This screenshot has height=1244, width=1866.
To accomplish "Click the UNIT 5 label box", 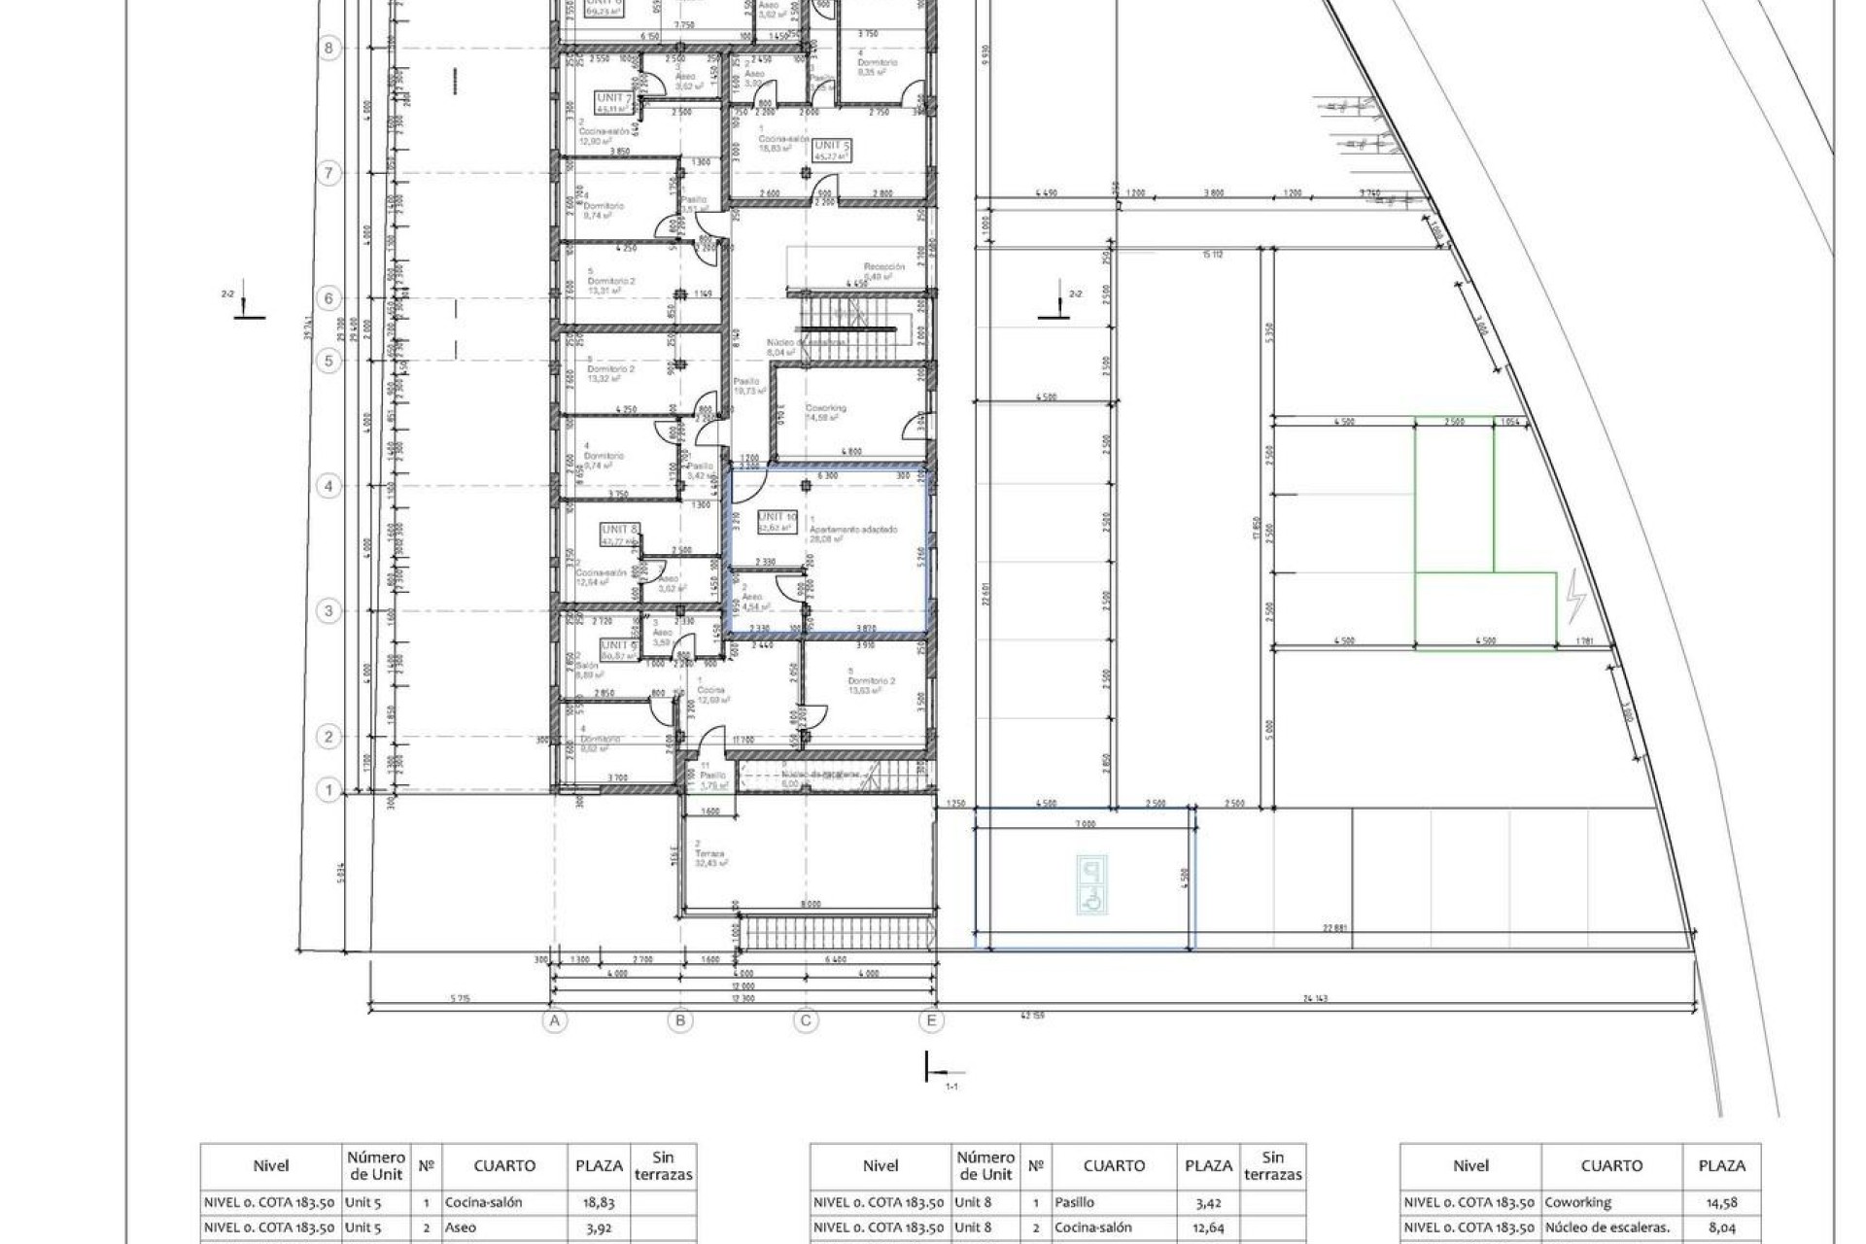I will tap(832, 146).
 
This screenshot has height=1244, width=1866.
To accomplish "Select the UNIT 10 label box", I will tap(777, 518).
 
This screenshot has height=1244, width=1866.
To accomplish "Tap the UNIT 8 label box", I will tap(619, 531).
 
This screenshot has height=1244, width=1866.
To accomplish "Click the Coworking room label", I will tap(825, 408).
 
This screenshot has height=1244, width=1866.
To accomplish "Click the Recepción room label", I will tap(883, 266).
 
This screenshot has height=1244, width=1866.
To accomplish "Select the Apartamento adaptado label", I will tap(860, 530).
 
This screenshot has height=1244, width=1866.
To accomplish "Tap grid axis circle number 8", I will tap(328, 48).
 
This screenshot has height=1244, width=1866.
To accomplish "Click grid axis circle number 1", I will tap(328, 790).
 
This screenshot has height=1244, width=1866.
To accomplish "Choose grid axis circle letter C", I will tap(805, 1020).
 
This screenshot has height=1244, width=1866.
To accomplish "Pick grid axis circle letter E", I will tap(931, 1020).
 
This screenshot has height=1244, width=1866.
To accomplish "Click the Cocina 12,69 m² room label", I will tap(711, 694).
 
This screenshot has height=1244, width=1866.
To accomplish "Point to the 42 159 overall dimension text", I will tap(1032, 1016).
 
